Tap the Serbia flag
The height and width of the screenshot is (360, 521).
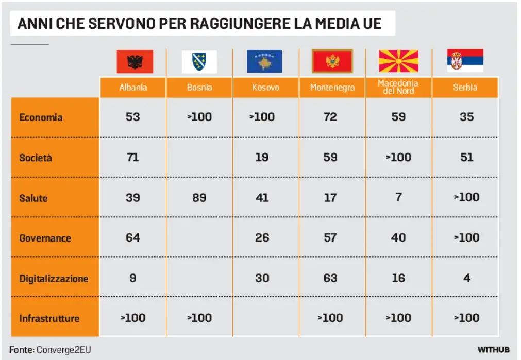click(465, 61)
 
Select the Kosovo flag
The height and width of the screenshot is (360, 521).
click(264, 61)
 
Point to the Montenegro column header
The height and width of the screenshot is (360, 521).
click(332, 88)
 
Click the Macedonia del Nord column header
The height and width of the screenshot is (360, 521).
click(398, 87)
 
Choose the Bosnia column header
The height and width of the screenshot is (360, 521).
click(199, 88)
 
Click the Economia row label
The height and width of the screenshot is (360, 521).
click(41, 117)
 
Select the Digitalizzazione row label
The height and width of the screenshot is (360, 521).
click(54, 279)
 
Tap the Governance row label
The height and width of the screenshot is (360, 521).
click(45, 238)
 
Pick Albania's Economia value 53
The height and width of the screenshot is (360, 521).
click(133, 117)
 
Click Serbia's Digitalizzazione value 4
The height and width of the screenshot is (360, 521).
click(466, 278)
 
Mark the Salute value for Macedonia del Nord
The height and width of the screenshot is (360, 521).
click(398, 197)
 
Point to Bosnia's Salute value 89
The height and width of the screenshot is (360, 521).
click(199, 197)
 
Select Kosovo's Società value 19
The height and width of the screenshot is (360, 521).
click(262, 157)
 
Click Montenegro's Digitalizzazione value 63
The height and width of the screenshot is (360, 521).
click(330, 278)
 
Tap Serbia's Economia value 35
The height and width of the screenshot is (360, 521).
click(466, 117)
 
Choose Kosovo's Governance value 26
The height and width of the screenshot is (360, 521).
click(262, 238)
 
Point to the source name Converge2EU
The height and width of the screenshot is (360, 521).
click(59, 350)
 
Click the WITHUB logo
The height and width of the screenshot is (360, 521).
click(493, 350)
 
